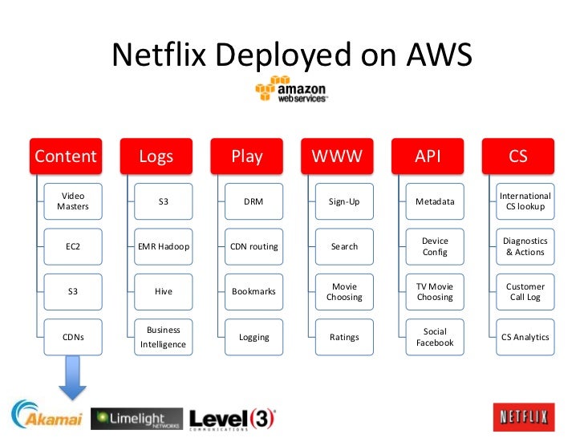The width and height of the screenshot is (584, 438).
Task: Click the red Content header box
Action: click(x=65, y=156)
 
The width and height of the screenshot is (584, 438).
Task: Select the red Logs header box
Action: click(x=156, y=156)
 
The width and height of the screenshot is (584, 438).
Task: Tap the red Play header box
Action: click(x=246, y=156)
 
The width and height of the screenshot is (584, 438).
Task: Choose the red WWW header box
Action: click(x=337, y=156)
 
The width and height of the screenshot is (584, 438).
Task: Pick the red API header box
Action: click(x=428, y=156)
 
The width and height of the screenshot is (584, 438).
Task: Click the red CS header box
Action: click(x=518, y=156)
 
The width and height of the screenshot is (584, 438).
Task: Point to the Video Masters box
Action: click(x=73, y=201)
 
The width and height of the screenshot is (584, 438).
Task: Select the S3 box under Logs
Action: click(x=164, y=201)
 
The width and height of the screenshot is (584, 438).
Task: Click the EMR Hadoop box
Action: click(x=164, y=246)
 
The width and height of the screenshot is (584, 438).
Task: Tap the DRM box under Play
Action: click(x=253, y=201)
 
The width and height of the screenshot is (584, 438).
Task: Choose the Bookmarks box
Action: click(x=253, y=291)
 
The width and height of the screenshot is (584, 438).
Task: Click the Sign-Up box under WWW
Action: click(x=344, y=201)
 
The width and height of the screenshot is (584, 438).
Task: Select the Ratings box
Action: click(x=344, y=337)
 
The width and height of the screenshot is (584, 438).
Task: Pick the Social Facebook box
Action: click(x=435, y=337)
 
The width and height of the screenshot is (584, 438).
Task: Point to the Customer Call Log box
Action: click(x=525, y=291)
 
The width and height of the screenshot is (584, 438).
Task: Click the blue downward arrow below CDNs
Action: click(x=73, y=378)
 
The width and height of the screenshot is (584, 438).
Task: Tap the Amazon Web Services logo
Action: click(x=291, y=90)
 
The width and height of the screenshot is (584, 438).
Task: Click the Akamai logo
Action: click(x=47, y=416)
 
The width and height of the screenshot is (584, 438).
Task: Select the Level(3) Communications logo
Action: click(x=233, y=418)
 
